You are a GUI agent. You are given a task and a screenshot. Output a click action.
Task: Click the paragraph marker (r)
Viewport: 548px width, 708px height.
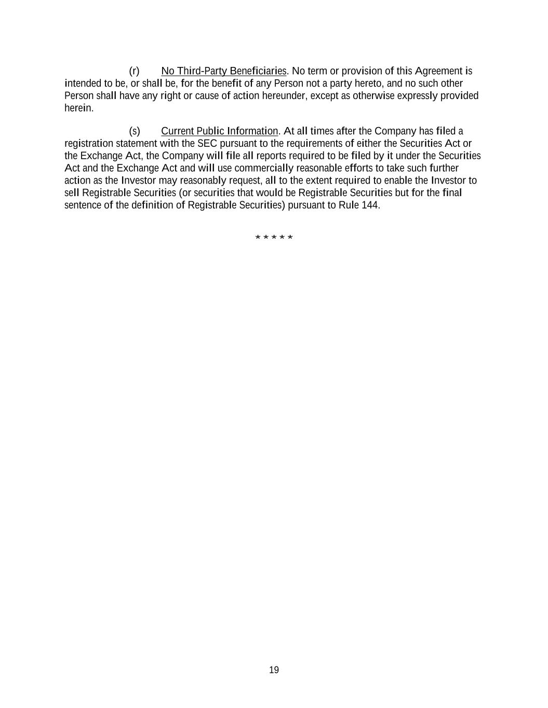(134, 71)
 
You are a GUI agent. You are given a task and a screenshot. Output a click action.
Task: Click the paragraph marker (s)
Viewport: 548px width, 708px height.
(134, 131)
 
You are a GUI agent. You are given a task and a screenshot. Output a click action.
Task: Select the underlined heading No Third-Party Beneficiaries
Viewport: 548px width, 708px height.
(223, 71)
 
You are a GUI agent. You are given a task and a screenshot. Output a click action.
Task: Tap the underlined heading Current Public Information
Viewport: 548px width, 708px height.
(219, 131)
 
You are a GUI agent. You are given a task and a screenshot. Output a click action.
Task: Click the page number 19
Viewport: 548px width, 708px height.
(274, 670)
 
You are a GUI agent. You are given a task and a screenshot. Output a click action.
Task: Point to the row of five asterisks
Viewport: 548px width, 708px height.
(274, 238)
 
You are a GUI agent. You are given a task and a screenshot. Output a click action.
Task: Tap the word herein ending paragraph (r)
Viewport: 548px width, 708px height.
(78, 108)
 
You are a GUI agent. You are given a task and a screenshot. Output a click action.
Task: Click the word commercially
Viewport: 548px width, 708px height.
(264, 169)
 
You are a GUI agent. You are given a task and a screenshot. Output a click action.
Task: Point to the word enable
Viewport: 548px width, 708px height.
(398, 181)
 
